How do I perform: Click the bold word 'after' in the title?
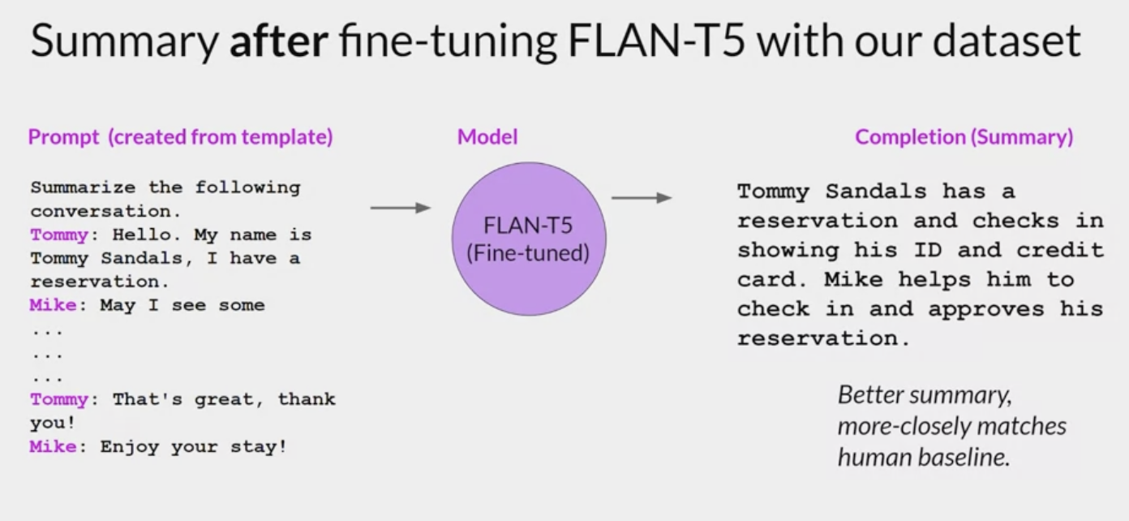coord(278,41)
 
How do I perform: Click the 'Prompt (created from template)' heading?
coord(180,137)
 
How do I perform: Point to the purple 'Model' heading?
coord(487,137)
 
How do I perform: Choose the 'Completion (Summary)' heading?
coord(964,137)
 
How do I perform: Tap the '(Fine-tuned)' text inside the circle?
coord(528,253)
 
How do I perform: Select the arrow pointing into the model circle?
coord(400,209)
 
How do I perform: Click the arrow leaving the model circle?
coord(641,198)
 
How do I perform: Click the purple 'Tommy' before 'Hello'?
coord(58,235)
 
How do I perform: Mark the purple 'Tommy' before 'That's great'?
coord(58,399)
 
